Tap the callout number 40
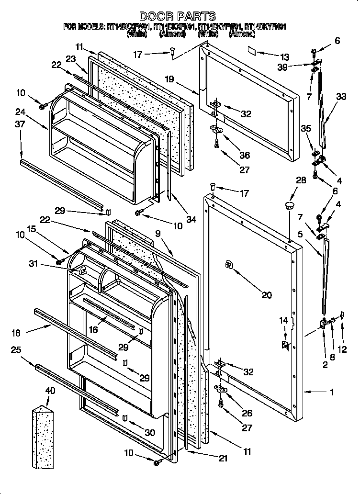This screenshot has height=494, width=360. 49,391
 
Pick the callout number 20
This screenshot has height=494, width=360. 266,295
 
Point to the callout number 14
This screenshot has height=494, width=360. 284,320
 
